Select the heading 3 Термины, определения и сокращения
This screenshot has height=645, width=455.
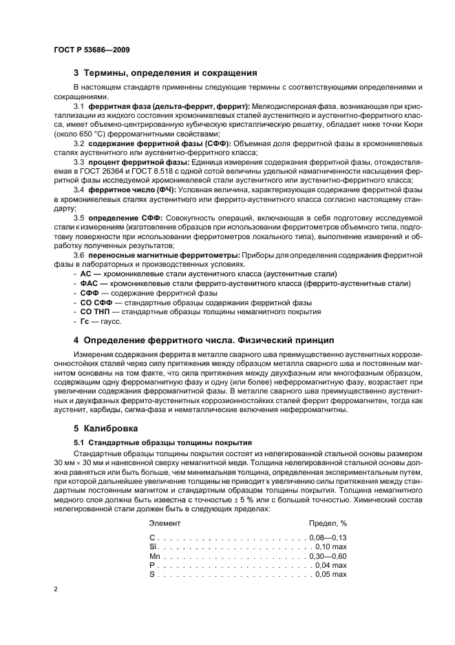pyautogui.click(x=165, y=72)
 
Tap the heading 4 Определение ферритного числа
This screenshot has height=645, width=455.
pyautogui.click(x=203, y=340)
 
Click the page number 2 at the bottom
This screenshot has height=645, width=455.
pyautogui.click(x=55, y=588)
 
